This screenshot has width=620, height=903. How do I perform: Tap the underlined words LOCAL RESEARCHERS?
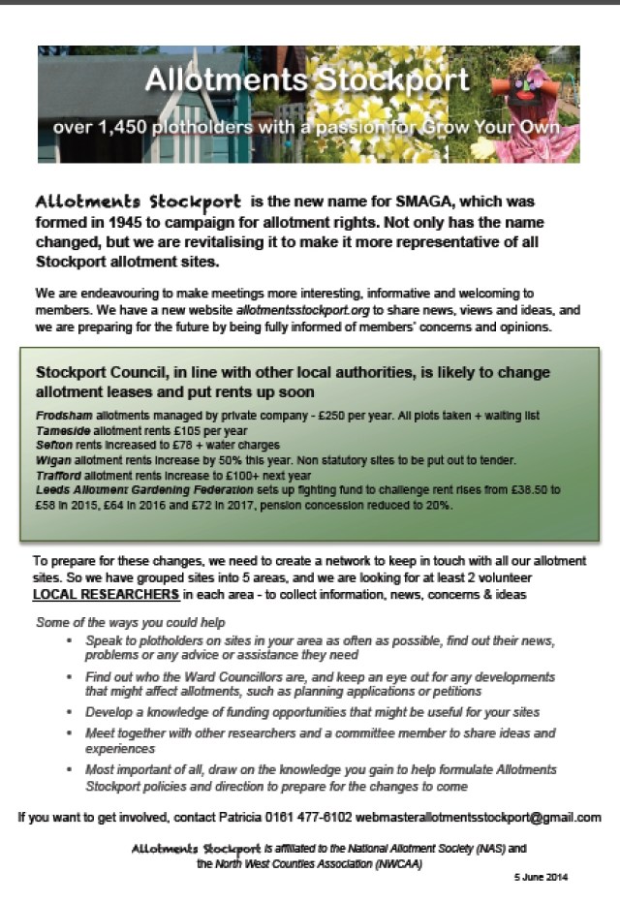106,594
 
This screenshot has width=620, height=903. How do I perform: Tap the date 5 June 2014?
541,877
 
